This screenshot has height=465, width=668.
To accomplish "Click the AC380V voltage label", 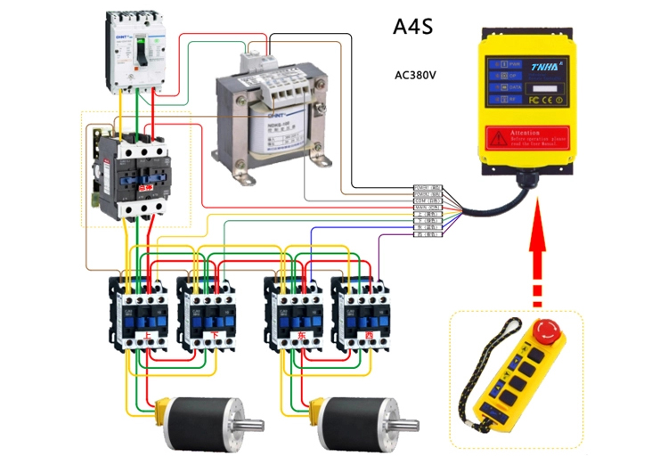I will coord(415,75).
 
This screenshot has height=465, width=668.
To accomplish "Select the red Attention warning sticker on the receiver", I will coord(539,136).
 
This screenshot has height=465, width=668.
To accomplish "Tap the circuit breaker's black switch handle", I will coord(139,53).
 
